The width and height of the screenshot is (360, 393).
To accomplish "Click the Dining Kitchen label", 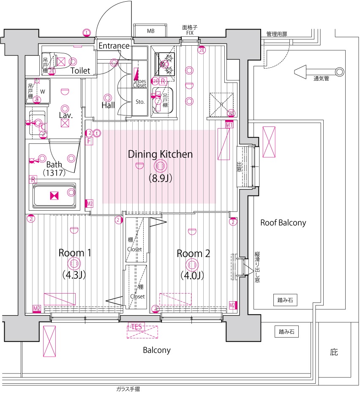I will point(160,154).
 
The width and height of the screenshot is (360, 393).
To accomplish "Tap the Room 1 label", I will point(74,253).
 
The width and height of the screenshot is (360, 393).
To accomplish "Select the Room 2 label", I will point(193,253).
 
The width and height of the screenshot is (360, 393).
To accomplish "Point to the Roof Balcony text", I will point(283,223).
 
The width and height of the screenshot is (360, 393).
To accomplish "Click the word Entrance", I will point(114,46).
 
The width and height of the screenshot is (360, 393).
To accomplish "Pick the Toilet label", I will point(80,71).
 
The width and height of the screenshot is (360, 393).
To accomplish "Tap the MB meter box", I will point(151,31).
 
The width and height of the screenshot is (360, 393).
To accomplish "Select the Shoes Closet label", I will point(139,83).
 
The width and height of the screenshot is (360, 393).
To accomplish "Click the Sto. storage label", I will point(140,102).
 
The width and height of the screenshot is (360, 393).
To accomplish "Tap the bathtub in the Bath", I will point(54,195).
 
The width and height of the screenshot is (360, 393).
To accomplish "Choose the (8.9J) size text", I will point(160,178).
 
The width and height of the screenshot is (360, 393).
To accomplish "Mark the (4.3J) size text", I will point(74,275).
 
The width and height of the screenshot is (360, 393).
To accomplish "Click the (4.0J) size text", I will point(193,275).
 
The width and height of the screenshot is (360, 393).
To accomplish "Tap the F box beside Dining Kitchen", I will point(89,141).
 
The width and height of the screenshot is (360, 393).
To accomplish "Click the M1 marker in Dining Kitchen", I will point(229,125).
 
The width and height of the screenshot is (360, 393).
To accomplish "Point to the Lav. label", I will point(65,115).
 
